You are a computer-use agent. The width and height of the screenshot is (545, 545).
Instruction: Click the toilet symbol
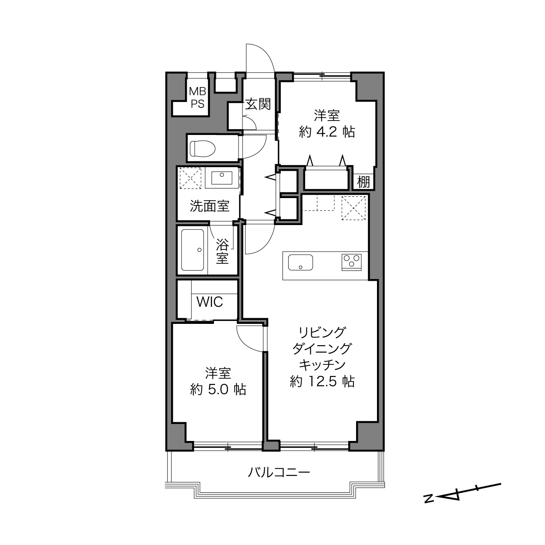(x=202, y=148)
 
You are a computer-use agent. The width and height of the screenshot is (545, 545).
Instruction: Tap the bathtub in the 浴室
(x=192, y=250)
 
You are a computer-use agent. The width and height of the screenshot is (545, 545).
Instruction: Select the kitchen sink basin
(x=300, y=262)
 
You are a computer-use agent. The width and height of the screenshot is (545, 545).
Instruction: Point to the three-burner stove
(x=352, y=262)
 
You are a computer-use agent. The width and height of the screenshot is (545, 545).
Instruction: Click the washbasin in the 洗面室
(x=222, y=178)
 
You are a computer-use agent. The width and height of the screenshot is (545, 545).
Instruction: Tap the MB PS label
(x=198, y=98)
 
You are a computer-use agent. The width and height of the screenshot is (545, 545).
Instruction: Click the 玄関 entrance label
(x=258, y=104)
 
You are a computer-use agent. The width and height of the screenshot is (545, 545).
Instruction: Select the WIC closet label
(x=210, y=302)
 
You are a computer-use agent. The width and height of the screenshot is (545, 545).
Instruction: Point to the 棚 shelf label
(x=363, y=182)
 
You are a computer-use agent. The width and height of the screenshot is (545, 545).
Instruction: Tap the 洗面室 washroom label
(x=209, y=206)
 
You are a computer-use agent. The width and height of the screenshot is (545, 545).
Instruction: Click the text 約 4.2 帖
(x=326, y=132)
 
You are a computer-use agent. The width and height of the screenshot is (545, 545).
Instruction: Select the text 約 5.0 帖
(x=218, y=390)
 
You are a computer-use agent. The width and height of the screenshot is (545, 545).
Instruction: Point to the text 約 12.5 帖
(x=323, y=381)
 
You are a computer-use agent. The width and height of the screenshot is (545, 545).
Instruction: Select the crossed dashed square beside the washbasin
(x=190, y=178)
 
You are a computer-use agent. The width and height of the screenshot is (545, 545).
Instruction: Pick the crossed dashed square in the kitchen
(x=353, y=208)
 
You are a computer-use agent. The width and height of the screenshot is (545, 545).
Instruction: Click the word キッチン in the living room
(x=323, y=365)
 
